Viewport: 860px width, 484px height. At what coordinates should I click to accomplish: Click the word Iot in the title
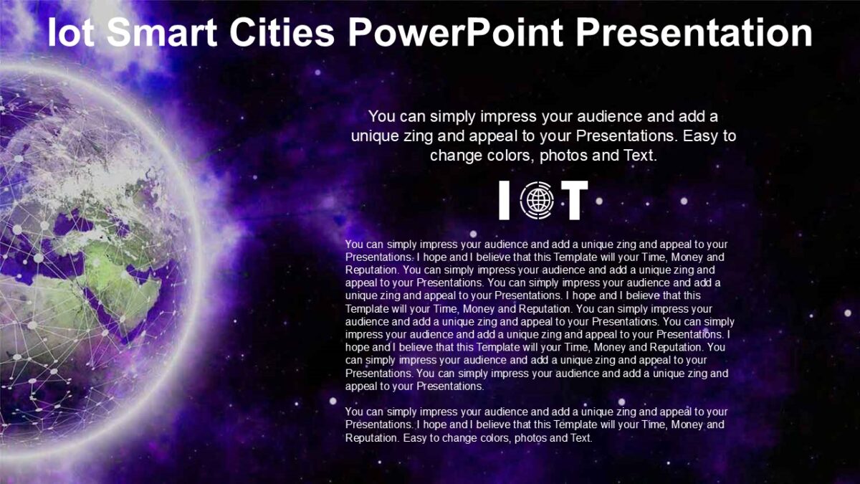(x=72, y=33)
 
